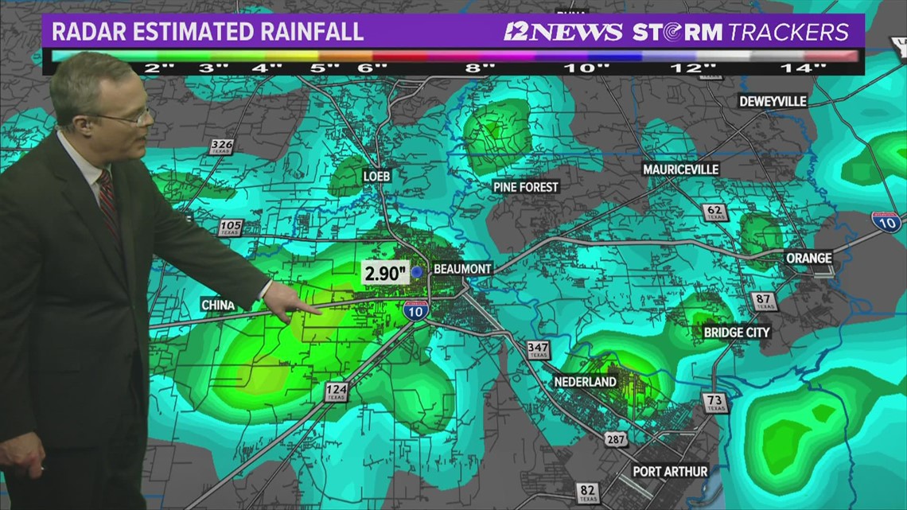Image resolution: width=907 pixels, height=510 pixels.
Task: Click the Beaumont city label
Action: (x=462, y=270)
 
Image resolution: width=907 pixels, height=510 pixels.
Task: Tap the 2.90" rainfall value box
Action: (x=386, y=273)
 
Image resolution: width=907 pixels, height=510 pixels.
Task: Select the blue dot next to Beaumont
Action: (x=416, y=272)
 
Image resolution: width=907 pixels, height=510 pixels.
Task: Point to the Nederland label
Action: (x=586, y=382)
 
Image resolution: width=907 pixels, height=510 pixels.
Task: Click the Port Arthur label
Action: (x=670, y=471)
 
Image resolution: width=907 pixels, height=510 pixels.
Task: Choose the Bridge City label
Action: (x=737, y=332)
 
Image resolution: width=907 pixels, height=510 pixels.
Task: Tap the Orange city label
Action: (x=808, y=258)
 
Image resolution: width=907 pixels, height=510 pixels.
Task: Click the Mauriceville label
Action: (x=680, y=169)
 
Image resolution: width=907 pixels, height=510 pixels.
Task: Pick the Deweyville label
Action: (x=773, y=101)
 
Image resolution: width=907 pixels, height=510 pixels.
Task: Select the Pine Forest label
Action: (x=526, y=187)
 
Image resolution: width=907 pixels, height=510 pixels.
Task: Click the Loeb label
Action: (x=376, y=176)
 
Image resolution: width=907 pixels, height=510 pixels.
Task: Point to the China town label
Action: (x=218, y=305)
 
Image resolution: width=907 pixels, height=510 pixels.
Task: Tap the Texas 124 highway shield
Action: (x=336, y=391)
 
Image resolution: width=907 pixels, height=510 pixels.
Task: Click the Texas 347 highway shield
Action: (x=538, y=350)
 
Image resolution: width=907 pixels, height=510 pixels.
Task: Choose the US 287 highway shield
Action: (x=616, y=438)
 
